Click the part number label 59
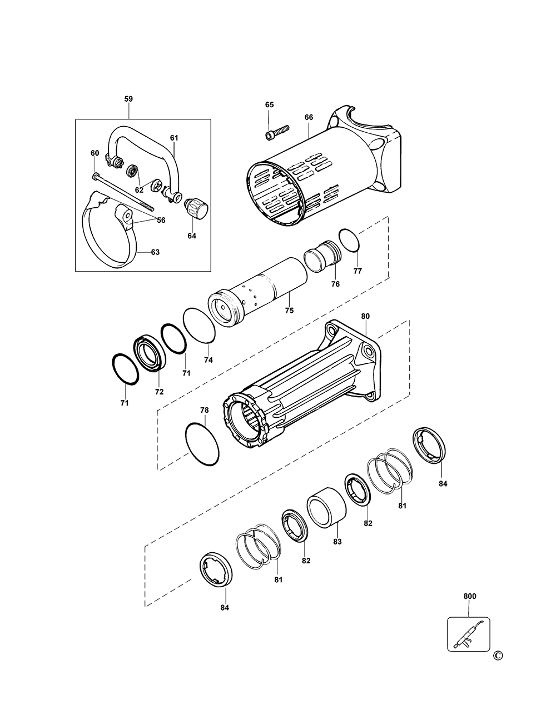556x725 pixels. click(x=128, y=99)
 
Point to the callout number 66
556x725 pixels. click(x=309, y=117)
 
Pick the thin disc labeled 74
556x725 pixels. click(x=199, y=326)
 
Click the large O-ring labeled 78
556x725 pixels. click(x=202, y=444)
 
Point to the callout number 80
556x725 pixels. click(x=365, y=316)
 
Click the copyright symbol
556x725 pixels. click(x=497, y=657)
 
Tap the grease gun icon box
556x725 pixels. click(x=469, y=634)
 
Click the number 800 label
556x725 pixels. click(x=470, y=597)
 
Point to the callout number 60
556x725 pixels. click(x=95, y=153)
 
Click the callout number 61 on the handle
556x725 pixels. click(x=174, y=138)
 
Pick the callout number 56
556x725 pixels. click(x=161, y=220)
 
